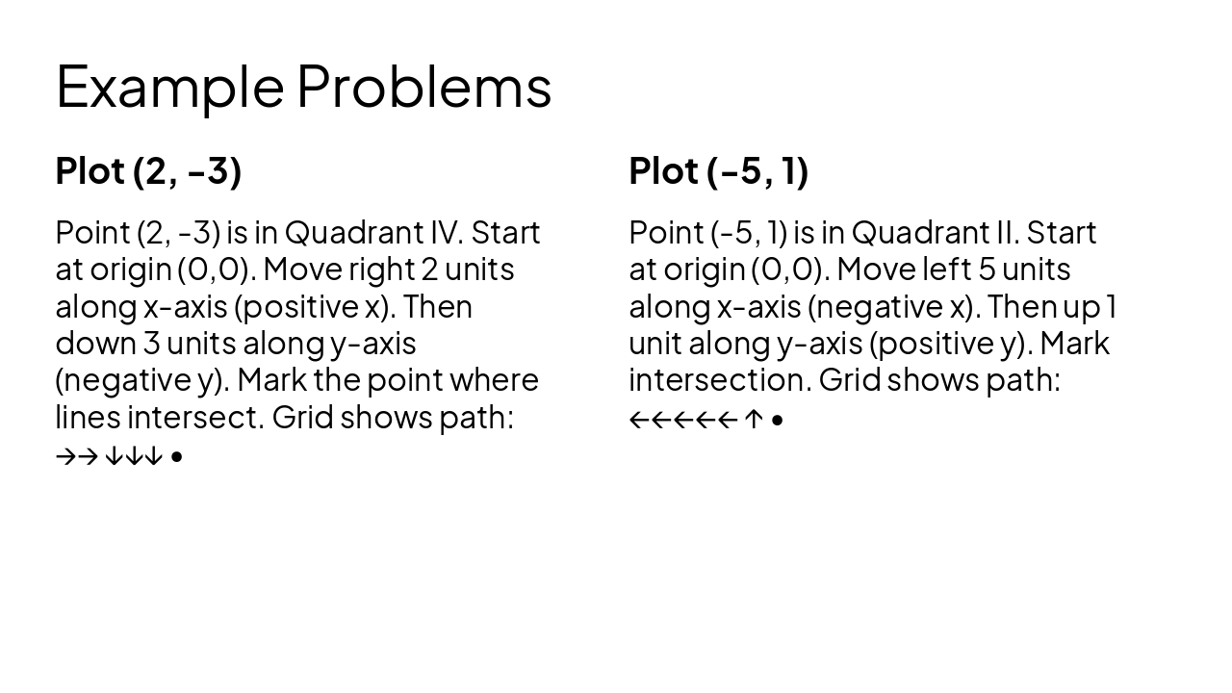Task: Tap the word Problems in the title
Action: tap(423, 87)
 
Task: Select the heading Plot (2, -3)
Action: tap(148, 170)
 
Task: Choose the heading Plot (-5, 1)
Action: tap(718, 170)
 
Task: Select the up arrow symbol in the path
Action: tap(754, 420)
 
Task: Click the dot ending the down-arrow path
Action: tap(176, 456)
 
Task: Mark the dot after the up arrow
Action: tap(778, 420)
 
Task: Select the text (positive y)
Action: tap(948, 344)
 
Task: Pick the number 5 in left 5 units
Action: tap(987, 269)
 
